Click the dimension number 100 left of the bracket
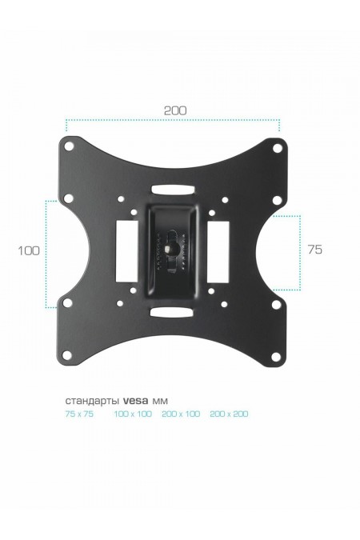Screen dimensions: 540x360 [x=29, y=250]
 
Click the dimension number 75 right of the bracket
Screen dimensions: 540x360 [x=314, y=250]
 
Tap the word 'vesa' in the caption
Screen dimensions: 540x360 [x=136, y=401]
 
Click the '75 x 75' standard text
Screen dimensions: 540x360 [x=79, y=414]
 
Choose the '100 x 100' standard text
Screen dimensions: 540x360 [x=132, y=414]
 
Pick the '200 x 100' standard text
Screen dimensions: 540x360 [x=180, y=414]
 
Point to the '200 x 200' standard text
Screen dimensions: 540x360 [x=229, y=414]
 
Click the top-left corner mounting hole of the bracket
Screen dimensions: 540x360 [x=69, y=146]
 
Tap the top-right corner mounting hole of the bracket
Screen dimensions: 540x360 [x=277, y=147]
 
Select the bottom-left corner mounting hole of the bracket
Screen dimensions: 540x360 [x=68, y=354]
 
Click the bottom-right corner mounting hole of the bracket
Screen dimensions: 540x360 [x=277, y=354]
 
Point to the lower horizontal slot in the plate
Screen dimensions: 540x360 [x=172, y=310]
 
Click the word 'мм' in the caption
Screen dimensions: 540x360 [x=161, y=401]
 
